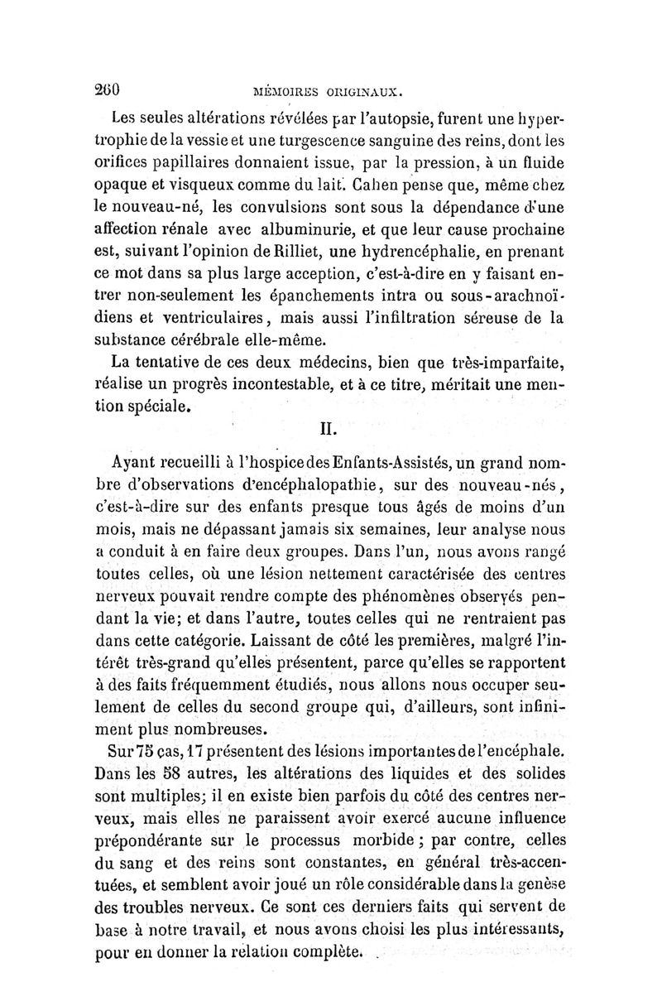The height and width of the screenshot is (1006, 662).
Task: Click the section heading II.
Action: tap(331, 430)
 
